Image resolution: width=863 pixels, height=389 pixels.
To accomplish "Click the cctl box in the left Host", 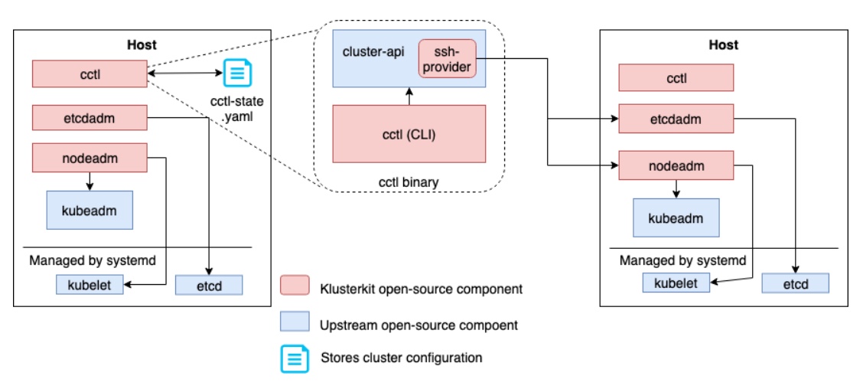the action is pos(90,74).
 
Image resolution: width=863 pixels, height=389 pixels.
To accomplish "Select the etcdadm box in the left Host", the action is pos(90,118).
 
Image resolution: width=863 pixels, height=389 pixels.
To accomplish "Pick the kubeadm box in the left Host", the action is pos(90,210).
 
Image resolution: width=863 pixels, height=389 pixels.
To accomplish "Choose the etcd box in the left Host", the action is pos(209,285).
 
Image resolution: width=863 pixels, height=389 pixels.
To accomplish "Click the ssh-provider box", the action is pos(448,58).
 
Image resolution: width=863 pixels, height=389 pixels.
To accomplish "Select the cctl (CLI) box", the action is pos(409,134).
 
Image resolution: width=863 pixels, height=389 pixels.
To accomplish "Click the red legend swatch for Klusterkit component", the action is pos(295,286).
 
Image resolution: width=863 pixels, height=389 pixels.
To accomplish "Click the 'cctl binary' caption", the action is pos(409,181).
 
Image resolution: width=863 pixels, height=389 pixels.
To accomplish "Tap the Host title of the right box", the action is pos(724,45).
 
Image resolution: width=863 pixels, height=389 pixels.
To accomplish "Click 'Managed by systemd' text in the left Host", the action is pos(92,260).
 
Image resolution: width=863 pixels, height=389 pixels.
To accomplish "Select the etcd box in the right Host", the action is pos(796,283).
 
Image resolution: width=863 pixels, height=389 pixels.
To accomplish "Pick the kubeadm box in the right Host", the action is pos(676,217).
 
